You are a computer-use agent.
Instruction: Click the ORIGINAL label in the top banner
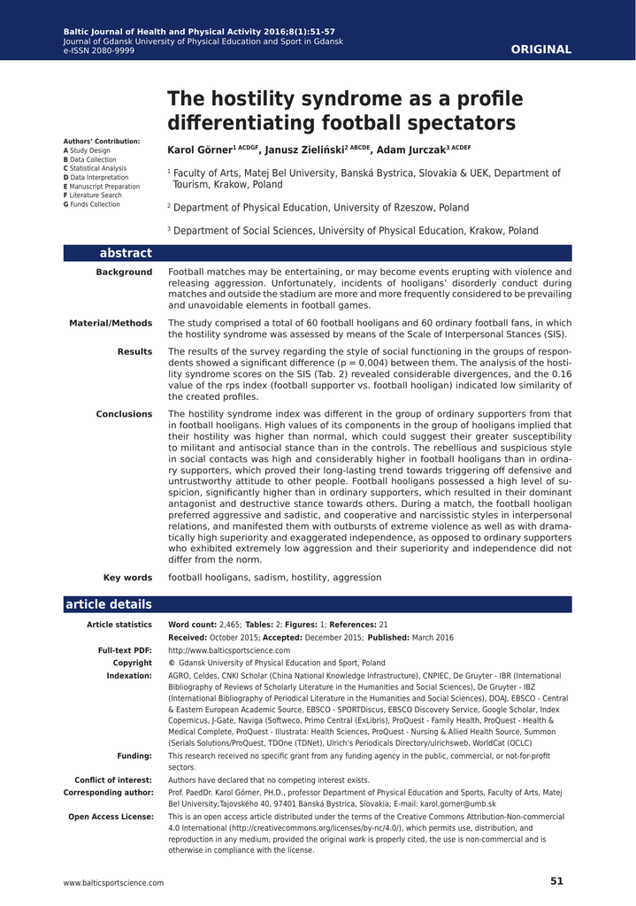541,50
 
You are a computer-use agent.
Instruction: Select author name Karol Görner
199,150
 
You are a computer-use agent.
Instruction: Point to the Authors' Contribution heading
102,142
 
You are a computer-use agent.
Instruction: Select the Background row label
124,273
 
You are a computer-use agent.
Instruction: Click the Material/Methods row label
111,324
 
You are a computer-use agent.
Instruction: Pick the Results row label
134,352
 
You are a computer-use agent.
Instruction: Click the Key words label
127,578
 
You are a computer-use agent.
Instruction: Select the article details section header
108,605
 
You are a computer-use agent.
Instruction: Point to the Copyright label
133,663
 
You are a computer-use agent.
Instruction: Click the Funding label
134,756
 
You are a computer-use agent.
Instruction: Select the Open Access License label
111,816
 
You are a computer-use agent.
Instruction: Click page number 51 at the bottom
556,881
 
